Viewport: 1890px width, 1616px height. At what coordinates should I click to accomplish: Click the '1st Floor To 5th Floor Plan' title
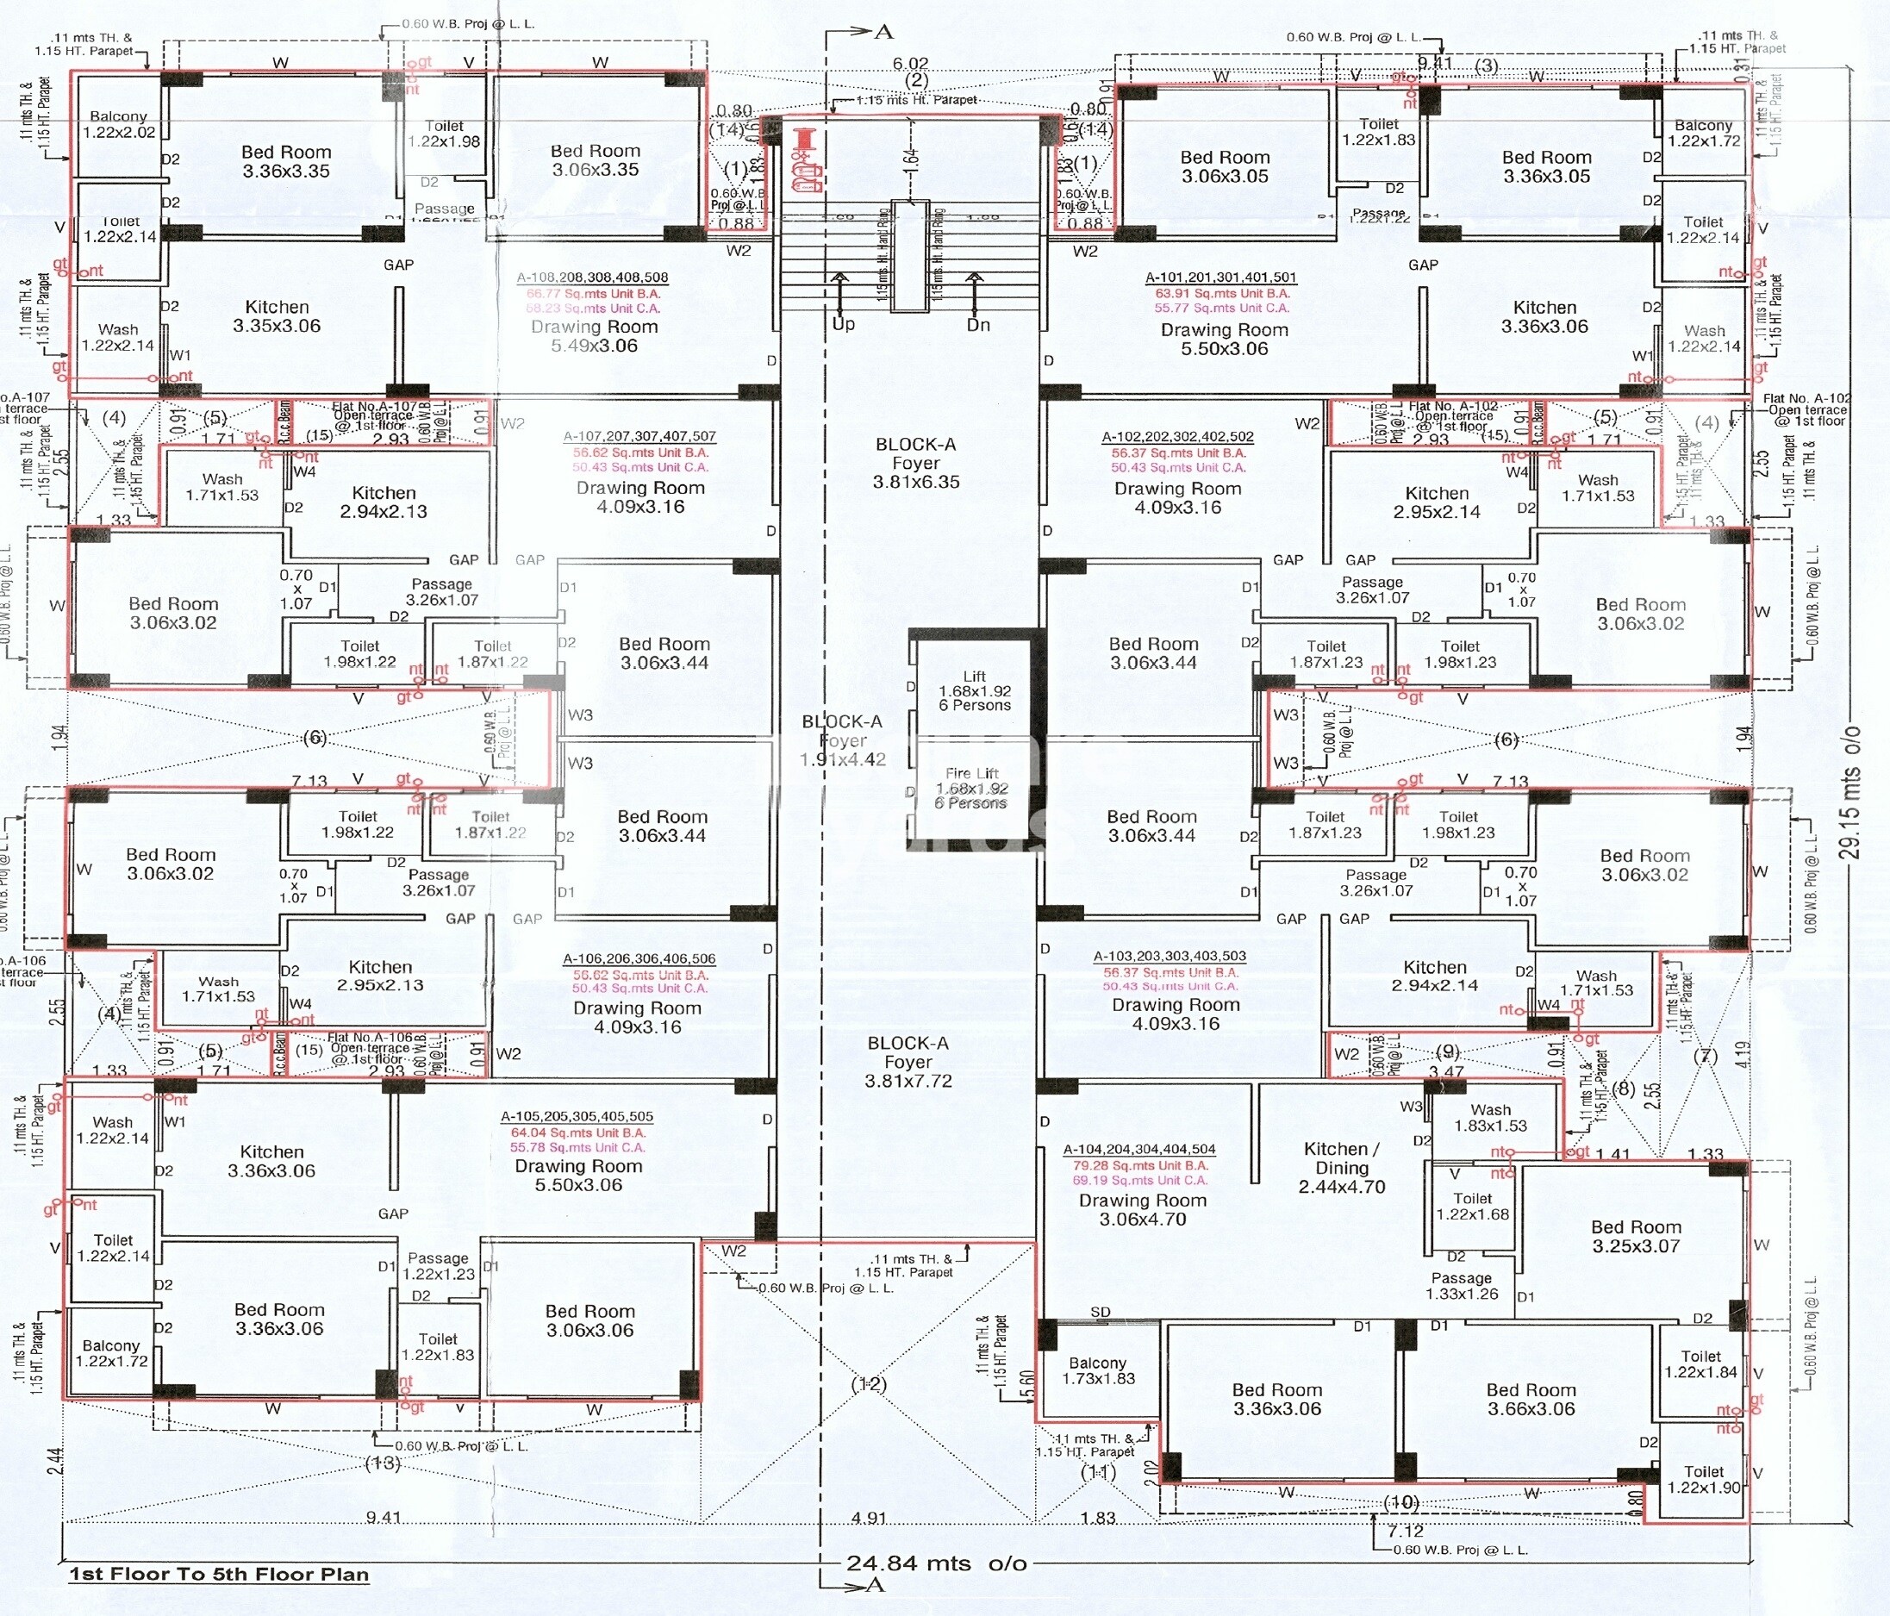[x=219, y=1574]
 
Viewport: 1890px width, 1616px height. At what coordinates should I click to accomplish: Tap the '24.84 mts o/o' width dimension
[x=936, y=1563]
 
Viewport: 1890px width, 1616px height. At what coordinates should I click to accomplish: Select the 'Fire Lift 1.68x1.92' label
[x=971, y=788]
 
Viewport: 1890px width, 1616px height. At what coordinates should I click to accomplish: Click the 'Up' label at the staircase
[x=843, y=324]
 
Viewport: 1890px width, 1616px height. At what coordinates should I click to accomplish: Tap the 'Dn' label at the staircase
[x=978, y=325]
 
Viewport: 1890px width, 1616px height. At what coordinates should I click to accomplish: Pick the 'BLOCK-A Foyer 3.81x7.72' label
[x=908, y=1062]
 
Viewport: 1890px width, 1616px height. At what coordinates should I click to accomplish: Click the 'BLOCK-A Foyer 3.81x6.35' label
[x=916, y=464]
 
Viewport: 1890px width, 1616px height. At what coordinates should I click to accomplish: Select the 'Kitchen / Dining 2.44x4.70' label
[x=1342, y=1167]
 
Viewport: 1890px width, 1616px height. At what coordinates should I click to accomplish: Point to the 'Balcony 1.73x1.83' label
[x=1098, y=1370]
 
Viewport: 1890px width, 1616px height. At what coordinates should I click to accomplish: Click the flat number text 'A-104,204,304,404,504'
[x=1139, y=1149]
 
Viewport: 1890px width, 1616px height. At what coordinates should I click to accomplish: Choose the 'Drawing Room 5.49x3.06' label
[x=594, y=335]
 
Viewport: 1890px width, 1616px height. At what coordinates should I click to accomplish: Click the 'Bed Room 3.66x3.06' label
[x=1531, y=1399]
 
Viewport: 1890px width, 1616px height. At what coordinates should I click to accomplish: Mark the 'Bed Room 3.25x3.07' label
[x=1636, y=1237]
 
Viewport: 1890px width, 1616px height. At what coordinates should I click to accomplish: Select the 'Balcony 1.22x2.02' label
[x=119, y=124]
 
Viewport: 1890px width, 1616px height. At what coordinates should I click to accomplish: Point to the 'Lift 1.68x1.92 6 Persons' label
[x=974, y=690]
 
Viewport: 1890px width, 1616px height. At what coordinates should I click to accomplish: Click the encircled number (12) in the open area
[x=869, y=1383]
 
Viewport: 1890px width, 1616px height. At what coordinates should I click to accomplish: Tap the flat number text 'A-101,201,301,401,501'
[x=1220, y=278]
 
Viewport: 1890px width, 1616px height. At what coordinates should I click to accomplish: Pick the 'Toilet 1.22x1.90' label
[x=1703, y=1479]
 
